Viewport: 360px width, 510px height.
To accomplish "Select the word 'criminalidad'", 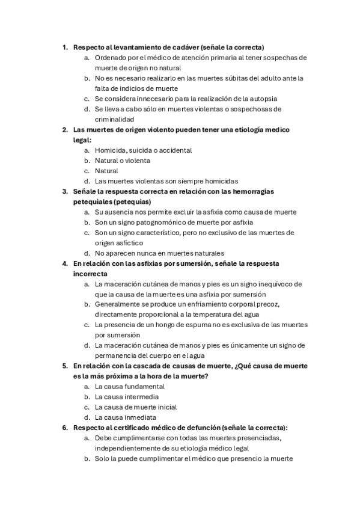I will [114, 119].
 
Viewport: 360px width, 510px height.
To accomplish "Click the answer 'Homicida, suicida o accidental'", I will [143, 150].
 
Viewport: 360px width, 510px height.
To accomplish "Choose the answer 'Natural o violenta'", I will [122, 161].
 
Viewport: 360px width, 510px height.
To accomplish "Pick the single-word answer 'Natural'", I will [106, 171].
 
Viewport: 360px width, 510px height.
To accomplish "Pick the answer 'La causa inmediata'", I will [126, 417].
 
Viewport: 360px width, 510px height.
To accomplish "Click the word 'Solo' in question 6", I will [102, 458].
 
